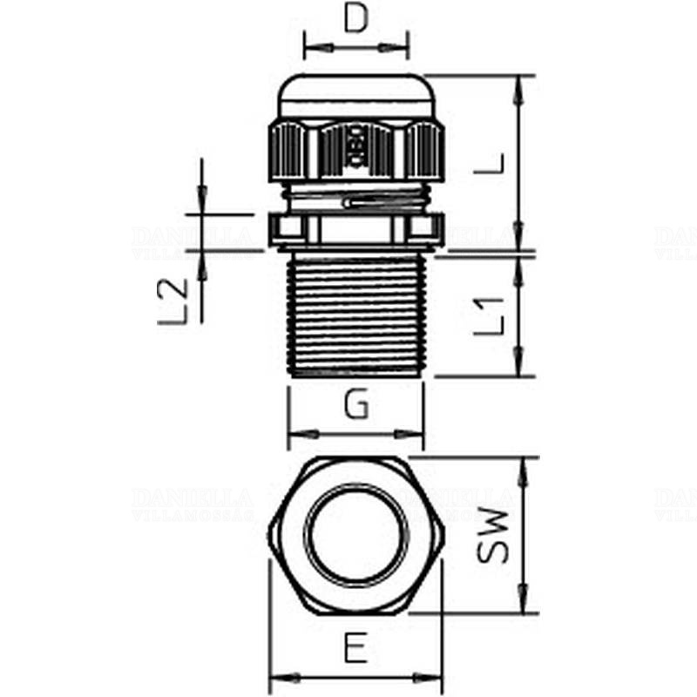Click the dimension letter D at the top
pyautogui.click(x=355, y=19)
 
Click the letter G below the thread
pyautogui.click(x=355, y=404)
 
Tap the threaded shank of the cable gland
pyautogui.click(x=355, y=314)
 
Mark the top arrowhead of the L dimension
pyautogui.click(x=520, y=84)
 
